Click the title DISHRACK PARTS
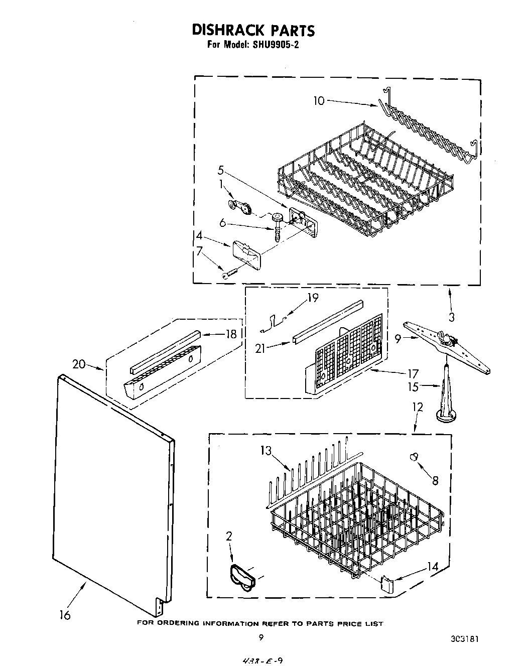coord(253,30)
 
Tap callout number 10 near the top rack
coord(319,100)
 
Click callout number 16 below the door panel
coord(65,614)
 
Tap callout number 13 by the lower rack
coord(266,450)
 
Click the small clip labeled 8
coord(414,456)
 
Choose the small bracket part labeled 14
coord(386,583)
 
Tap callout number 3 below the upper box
coord(452,317)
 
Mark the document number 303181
coord(464,639)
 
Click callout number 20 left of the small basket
coord(79,364)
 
